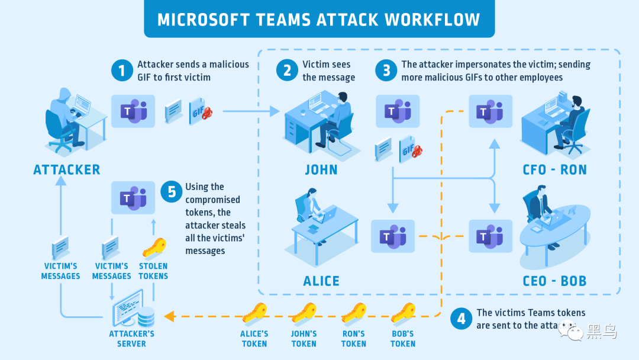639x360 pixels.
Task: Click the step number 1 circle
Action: click(122, 71)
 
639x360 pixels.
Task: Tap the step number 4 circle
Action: click(461, 319)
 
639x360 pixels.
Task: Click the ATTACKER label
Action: click(67, 170)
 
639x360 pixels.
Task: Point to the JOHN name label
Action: click(321, 170)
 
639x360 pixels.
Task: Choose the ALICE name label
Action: click(321, 281)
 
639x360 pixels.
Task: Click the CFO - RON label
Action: click(554, 170)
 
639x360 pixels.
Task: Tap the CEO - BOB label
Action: click(554, 281)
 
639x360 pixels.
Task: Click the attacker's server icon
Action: click(134, 309)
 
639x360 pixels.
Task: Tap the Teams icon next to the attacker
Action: click(133, 111)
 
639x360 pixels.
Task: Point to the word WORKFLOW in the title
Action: click(432, 20)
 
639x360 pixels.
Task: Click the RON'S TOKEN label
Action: click(353, 339)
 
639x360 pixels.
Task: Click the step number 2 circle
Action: click(287, 71)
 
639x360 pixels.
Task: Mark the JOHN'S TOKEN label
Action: click(304, 339)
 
